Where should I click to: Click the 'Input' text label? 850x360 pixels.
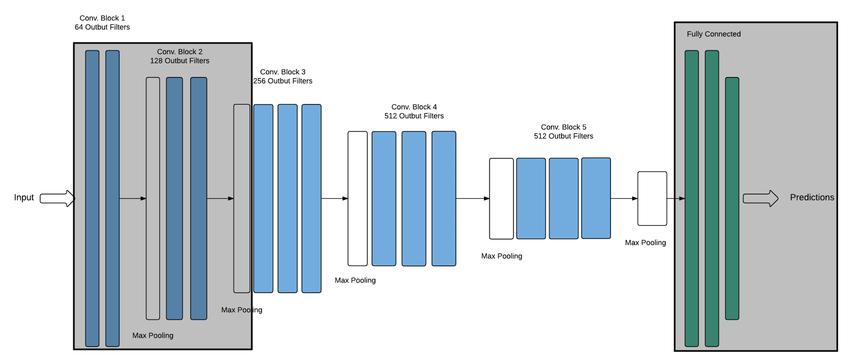click(24, 198)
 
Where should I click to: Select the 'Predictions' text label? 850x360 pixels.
click(812, 198)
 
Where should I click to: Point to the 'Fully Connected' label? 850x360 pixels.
click(713, 34)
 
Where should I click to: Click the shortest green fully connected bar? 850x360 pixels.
click(732, 199)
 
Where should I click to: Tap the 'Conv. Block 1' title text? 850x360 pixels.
click(102, 18)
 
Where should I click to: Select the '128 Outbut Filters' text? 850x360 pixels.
click(180, 61)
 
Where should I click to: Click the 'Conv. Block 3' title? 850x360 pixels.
click(283, 72)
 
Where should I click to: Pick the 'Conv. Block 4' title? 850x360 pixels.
click(414, 107)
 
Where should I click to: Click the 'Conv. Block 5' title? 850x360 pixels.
click(563, 127)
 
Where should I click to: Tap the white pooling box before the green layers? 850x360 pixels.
click(652, 199)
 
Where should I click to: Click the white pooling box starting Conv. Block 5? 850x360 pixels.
click(501, 199)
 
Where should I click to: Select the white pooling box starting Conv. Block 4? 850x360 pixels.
click(358, 199)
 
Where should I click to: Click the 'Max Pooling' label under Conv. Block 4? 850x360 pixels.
click(355, 280)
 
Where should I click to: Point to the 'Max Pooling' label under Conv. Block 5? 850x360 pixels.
click(501, 256)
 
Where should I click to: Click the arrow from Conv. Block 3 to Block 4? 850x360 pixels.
click(335, 199)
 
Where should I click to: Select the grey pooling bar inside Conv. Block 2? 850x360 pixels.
click(153, 199)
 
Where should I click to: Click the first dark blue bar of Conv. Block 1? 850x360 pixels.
click(92, 199)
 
